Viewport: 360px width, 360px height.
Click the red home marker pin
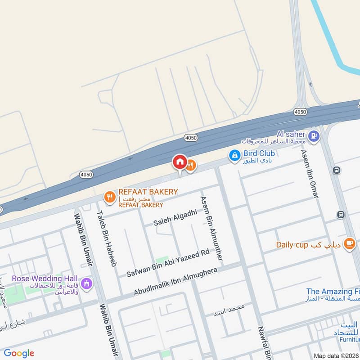pyautogui.click(x=180, y=162)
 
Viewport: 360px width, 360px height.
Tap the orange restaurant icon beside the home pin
pyautogui.click(x=191, y=166)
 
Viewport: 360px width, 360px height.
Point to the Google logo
pyautogui.click(x=19, y=353)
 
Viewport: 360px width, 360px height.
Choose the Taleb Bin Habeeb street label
pyautogui.click(x=106, y=238)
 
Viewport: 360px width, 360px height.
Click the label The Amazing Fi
pyautogui.click(x=333, y=292)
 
